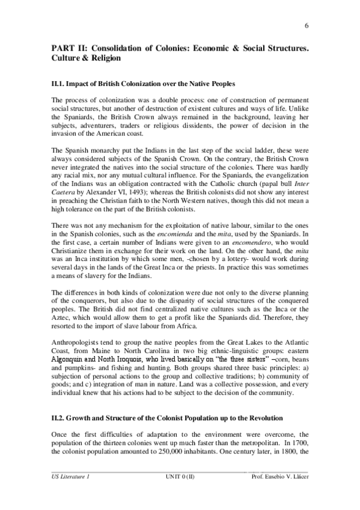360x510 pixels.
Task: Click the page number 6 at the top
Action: (307, 25)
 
